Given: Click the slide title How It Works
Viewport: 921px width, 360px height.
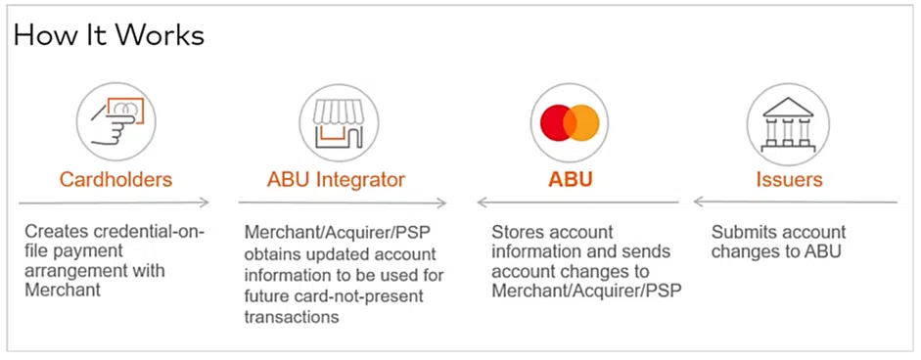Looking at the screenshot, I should [109, 36].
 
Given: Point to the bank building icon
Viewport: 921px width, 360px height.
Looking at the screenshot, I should [788, 121].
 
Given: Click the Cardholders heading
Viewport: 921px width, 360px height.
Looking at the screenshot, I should [115, 180].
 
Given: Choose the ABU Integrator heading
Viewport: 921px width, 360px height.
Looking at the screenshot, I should [336, 180].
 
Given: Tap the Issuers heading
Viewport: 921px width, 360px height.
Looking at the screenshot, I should [789, 180].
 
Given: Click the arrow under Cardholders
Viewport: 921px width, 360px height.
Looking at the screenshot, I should [115, 203].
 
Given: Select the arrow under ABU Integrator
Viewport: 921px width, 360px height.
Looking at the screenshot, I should [343, 203].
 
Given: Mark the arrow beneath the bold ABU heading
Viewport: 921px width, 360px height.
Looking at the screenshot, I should [577, 203].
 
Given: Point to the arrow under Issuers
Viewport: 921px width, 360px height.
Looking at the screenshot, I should [795, 203].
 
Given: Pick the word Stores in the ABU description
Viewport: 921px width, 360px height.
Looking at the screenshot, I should [516, 233].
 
